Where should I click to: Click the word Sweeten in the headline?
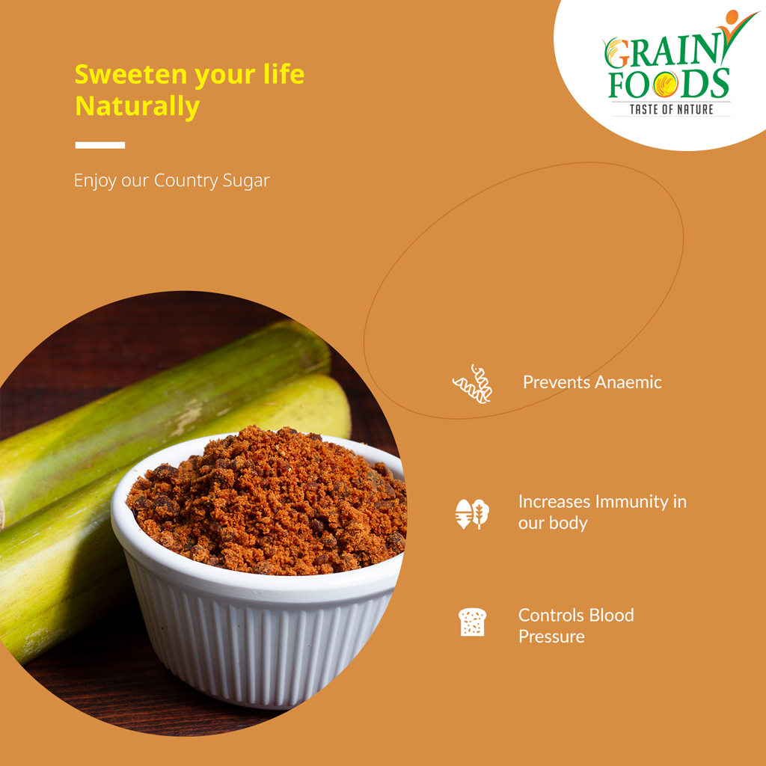(x=131, y=74)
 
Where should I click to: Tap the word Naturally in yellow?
(x=138, y=107)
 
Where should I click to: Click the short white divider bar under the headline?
(x=100, y=145)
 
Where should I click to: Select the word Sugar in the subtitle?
(x=246, y=181)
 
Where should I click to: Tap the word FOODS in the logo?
(x=669, y=84)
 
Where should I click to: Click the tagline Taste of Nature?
(x=671, y=109)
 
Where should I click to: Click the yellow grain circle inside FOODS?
(x=665, y=84)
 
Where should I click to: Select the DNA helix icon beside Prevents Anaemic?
(x=473, y=384)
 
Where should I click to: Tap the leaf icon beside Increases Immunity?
(x=472, y=514)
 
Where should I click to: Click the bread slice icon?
(x=473, y=622)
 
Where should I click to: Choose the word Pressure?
(x=551, y=637)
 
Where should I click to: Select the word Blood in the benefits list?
(x=612, y=615)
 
